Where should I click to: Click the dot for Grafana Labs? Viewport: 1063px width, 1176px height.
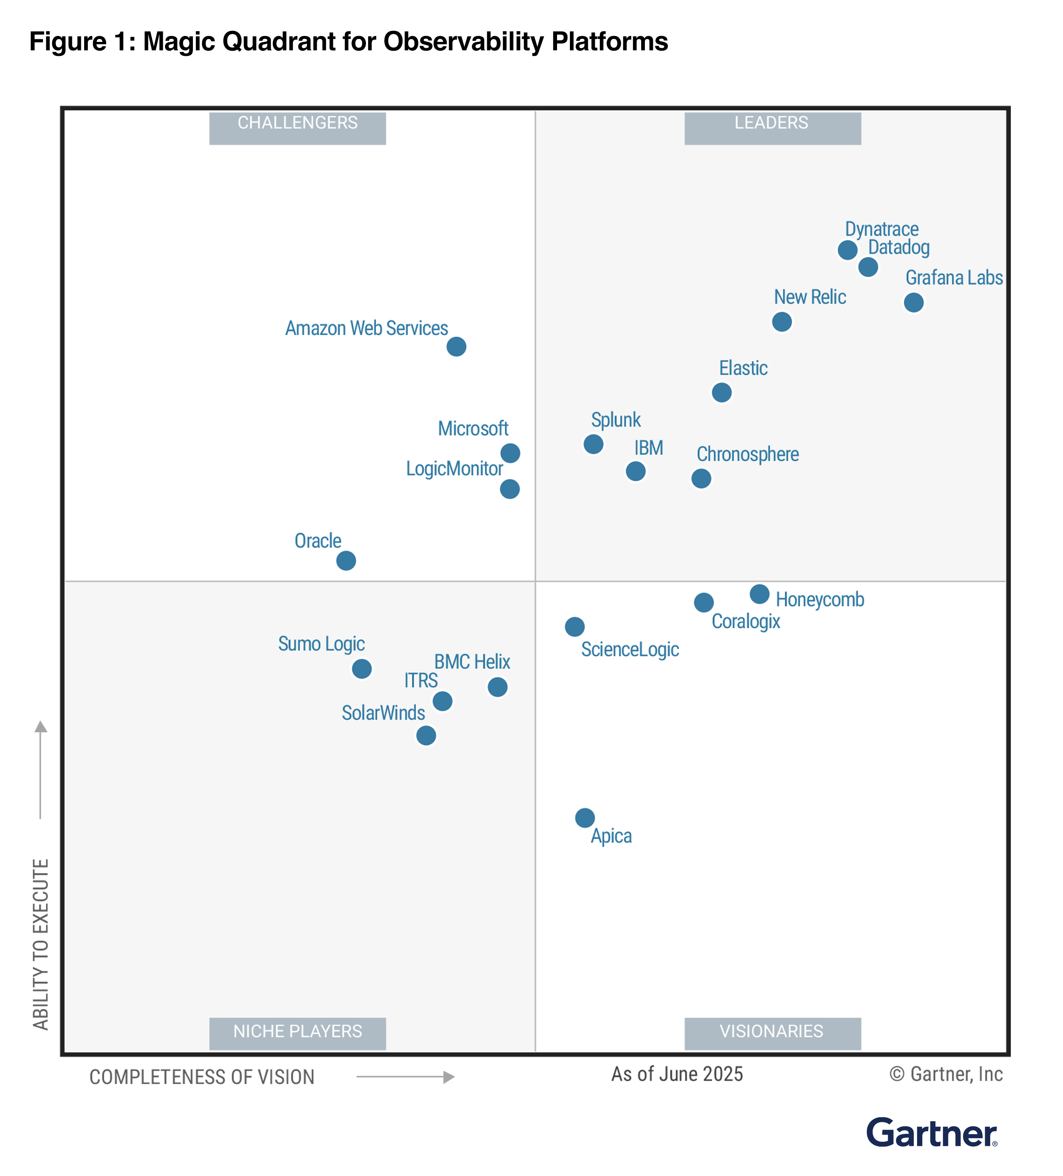click(913, 302)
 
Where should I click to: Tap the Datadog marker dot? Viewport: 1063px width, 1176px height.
click(868, 266)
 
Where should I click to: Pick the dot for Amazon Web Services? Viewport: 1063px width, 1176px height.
click(456, 347)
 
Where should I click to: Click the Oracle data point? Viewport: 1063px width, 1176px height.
click(346, 560)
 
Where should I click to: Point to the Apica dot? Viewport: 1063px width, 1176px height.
click(584, 817)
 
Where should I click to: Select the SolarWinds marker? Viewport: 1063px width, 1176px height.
click(425, 735)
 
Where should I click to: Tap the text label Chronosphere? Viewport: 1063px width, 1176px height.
click(747, 454)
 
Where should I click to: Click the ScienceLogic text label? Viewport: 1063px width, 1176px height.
click(630, 649)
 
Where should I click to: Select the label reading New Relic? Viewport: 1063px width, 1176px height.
click(809, 297)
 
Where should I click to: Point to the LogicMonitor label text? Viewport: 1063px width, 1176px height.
click(454, 469)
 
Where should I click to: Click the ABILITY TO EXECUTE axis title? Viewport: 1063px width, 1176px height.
click(40, 943)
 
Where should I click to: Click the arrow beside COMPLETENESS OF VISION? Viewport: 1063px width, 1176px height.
click(405, 1076)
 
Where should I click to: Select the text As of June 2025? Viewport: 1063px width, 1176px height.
click(676, 1074)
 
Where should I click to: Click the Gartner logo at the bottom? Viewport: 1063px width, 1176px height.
click(931, 1133)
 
